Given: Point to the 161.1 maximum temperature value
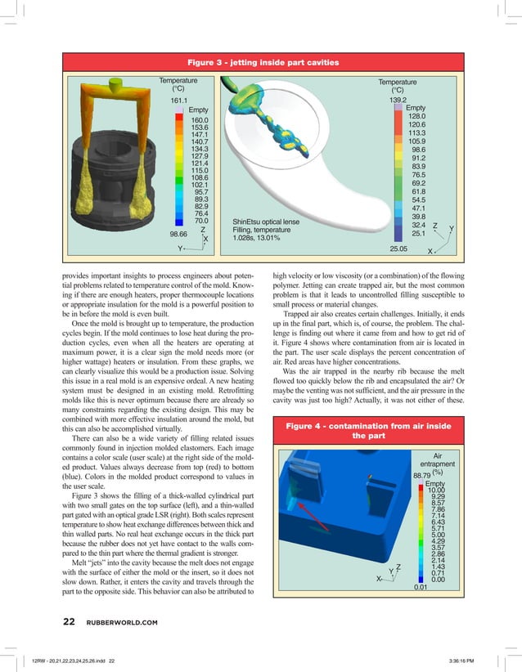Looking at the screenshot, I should click(180, 101).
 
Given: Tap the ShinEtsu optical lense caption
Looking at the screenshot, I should click(266, 222).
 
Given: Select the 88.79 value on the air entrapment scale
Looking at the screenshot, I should click(422, 475).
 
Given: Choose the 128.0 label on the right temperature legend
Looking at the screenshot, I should click(419, 116).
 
